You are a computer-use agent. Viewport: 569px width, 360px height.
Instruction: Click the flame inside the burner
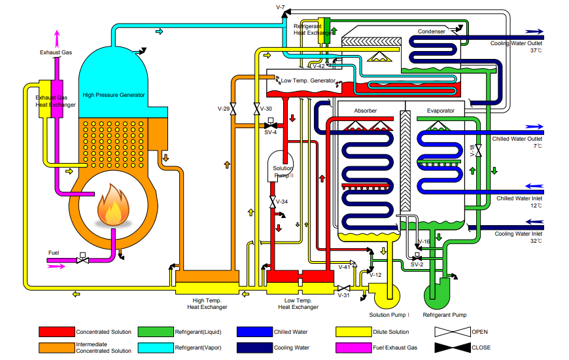tap(113, 206)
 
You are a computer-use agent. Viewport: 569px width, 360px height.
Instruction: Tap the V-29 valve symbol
tap(233, 109)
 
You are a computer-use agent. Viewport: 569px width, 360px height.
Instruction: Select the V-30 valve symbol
tap(256, 109)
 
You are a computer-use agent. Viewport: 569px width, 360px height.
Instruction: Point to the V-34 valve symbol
tap(273, 202)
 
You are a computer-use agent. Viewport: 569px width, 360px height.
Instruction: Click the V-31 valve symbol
tap(343, 289)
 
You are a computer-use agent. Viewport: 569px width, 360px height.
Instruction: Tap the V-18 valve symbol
tap(479, 151)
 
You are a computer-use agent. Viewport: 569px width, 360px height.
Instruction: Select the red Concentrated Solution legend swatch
tap(57, 332)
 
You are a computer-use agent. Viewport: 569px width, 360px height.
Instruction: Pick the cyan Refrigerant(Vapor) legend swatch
tap(156, 348)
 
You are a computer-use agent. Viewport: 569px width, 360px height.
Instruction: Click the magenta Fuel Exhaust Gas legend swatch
tap(354, 348)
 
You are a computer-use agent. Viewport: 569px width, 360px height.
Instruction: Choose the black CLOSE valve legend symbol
tap(453, 348)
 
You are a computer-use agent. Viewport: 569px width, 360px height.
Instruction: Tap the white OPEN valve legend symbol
tap(453, 332)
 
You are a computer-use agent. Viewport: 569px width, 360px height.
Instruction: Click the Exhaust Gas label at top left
tap(56, 52)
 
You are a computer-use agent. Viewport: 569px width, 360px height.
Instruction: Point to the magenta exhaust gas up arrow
tap(57, 39)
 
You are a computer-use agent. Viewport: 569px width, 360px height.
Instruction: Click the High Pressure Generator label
tap(114, 95)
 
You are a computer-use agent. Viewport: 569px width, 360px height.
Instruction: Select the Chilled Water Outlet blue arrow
tap(534, 126)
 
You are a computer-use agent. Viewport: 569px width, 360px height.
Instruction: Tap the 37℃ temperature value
tap(536, 50)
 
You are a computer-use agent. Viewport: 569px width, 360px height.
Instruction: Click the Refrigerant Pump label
tap(445, 315)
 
